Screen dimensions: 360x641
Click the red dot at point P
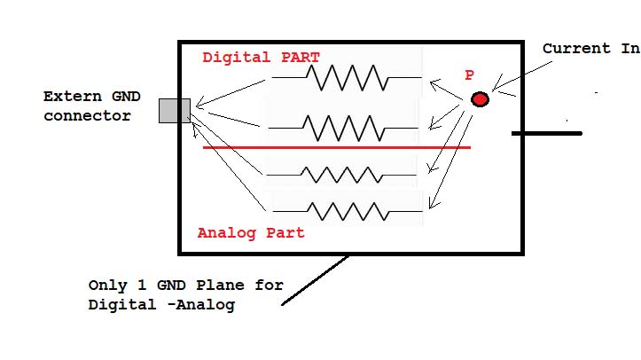(480, 99)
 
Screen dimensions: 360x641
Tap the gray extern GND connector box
(175, 110)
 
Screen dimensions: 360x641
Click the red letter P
(469, 76)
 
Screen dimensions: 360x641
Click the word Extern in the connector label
(70, 97)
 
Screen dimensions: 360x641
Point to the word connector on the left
(87, 116)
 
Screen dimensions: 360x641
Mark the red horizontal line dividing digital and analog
(337, 147)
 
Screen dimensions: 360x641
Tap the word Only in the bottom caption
(106, 286)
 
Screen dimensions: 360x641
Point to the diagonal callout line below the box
(315, 281)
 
